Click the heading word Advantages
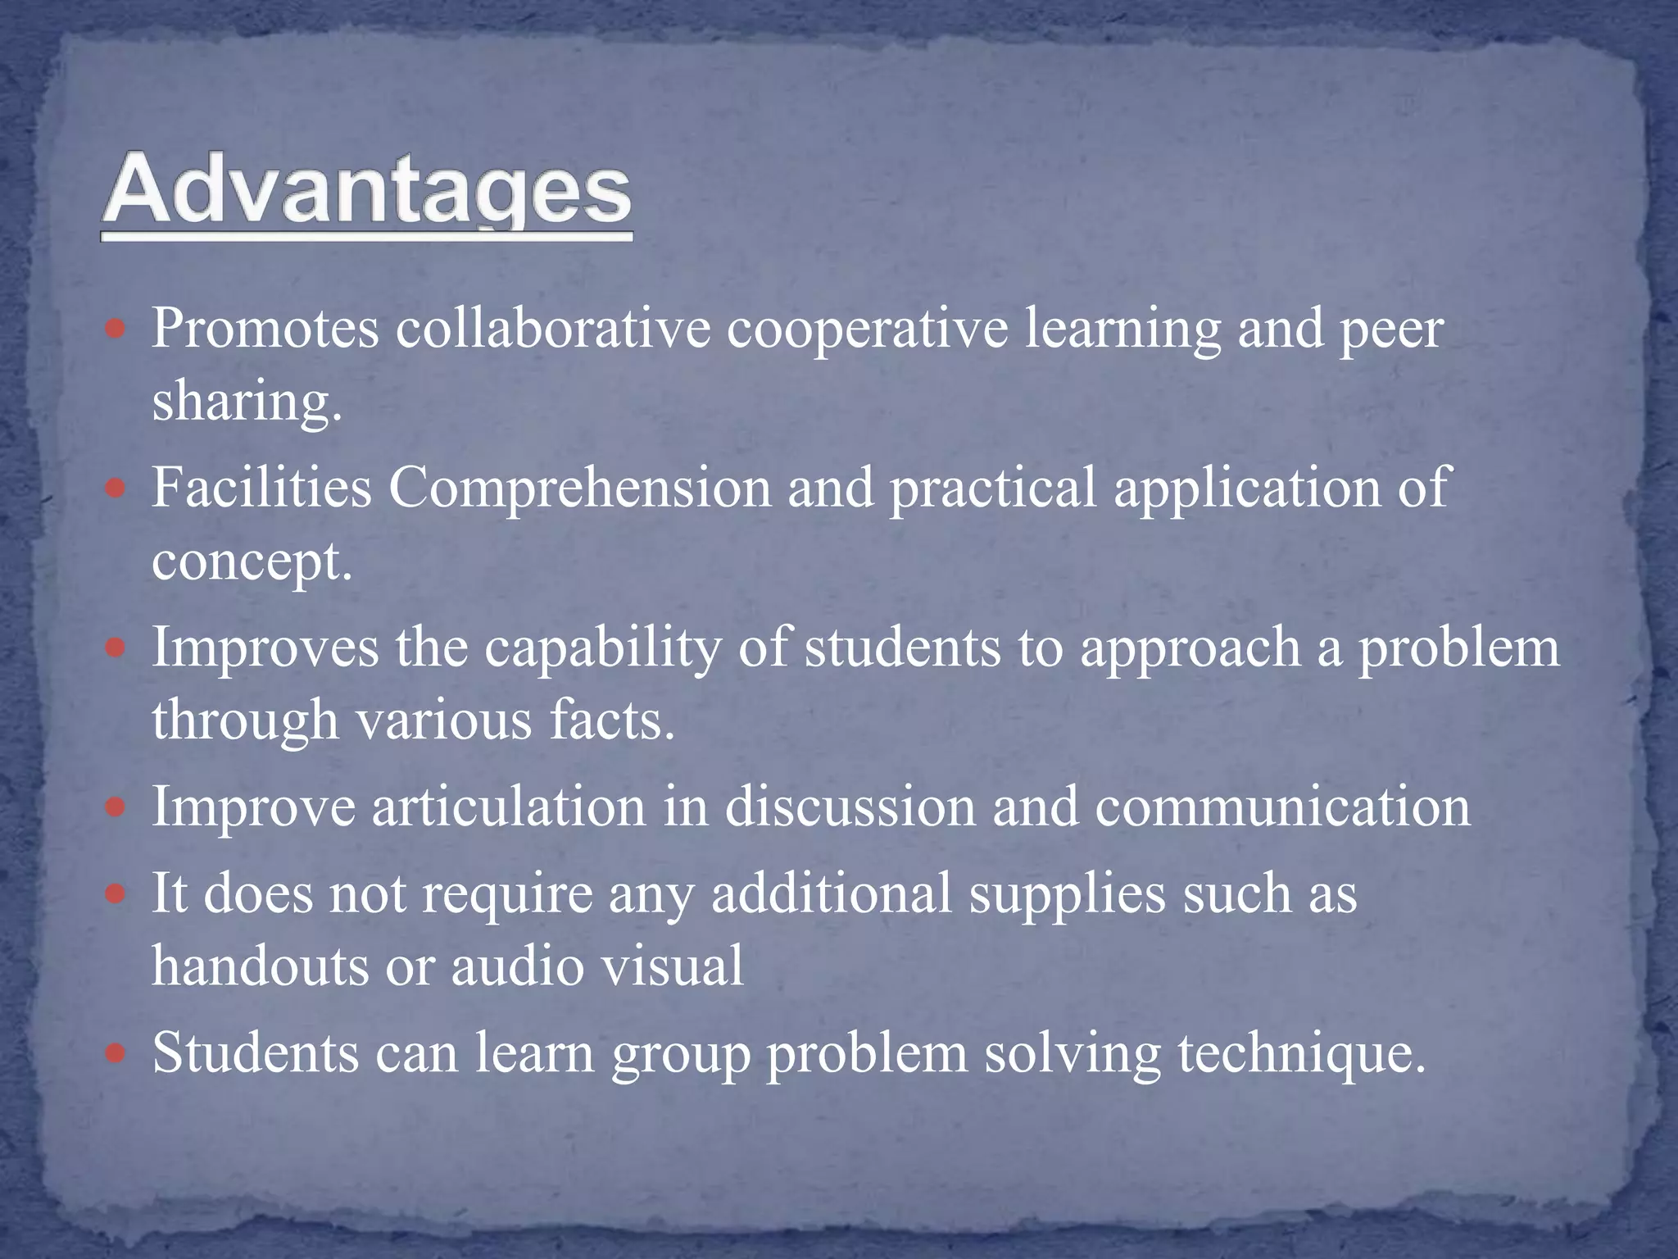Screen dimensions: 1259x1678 click(x=366, y=190)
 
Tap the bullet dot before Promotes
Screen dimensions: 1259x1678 click(x=116, y=330)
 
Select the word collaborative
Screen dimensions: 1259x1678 click(x=553, y=328)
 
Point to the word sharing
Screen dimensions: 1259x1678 click(x=246, y=402)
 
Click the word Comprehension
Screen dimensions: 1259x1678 click(x=579, y=489)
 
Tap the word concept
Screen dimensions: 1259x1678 click(x=252, y=562)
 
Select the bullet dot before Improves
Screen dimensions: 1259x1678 click(x=116, y=648)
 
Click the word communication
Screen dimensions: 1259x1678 click(x=1282, y=807)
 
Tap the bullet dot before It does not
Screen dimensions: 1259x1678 click(x=116, y=893)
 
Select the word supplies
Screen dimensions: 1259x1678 click(x=1067, y=894)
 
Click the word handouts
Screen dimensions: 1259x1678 click(x=261, y=966)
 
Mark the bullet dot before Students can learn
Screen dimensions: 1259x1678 click(x=116, y=1052)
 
